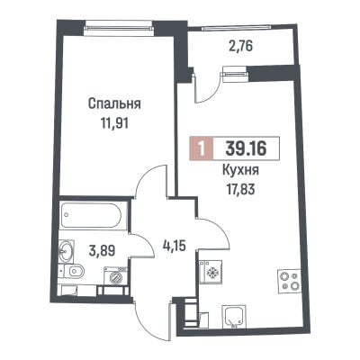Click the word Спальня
[114, 104]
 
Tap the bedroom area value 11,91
[114, 123]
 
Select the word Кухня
[240, 171]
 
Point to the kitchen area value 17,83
[240, 189]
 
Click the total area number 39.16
[246, 148]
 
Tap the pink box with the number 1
[202, 148]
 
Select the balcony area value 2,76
[240, 47]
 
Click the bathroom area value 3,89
[102, 249]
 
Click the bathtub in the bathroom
[94, 216]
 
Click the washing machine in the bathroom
[115, 275]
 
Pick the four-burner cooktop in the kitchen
[289, 280]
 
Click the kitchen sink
[234, 317]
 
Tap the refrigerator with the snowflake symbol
[210, 272]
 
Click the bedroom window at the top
[119, 28]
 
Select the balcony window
[237, 28]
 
